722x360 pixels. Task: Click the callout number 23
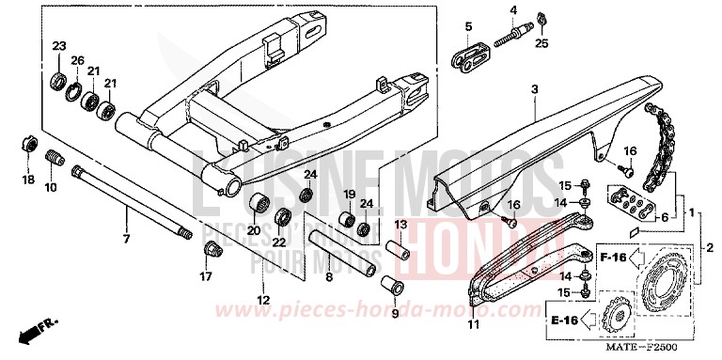[59, 47]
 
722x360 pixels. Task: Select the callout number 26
[78, 60]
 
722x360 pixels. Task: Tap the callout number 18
[27, 179]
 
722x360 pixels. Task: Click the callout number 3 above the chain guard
[533, 89]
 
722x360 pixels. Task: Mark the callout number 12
[263, 300]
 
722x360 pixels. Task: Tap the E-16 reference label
[562, 321]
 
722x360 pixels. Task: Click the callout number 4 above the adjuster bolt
[513, 10]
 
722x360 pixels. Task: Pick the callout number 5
[466, 23]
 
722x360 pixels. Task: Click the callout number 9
[394, 313]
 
